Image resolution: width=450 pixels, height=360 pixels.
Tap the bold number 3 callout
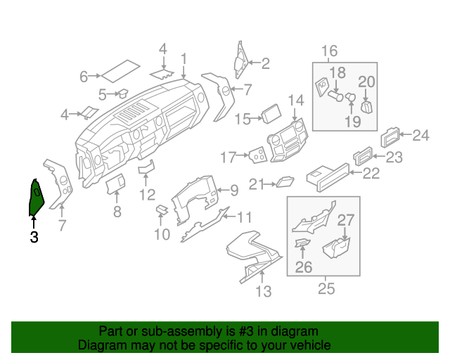(34, 238)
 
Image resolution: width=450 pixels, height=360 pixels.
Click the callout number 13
(263, 290)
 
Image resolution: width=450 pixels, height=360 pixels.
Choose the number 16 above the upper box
(329, 51)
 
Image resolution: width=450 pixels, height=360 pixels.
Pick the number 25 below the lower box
(327, 288)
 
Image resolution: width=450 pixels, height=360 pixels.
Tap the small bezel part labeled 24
(392, 136)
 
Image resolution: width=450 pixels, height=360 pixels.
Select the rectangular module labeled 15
(272, 115)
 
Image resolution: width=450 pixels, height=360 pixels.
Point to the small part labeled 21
(285, 183)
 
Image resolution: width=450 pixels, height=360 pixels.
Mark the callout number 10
(162, 233)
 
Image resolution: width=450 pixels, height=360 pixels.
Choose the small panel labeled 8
(115, 184)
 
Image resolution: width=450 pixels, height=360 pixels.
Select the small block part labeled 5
(121, 91)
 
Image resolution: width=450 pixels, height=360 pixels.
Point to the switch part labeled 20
(366, 105)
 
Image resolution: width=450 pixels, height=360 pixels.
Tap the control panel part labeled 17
(257, 155)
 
